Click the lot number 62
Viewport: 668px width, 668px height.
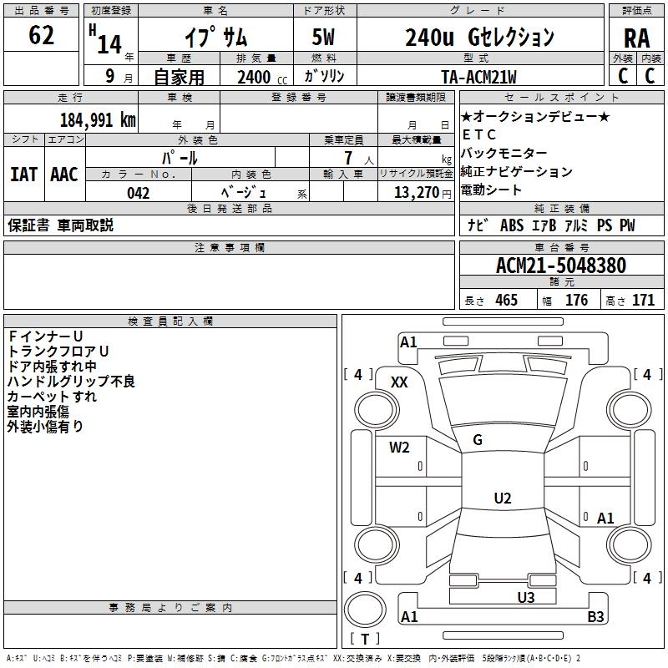[41, 36]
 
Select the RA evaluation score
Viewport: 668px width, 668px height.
[636, 38]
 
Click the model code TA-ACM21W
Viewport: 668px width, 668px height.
[478, 77]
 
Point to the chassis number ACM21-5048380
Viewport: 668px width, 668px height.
[560, 266]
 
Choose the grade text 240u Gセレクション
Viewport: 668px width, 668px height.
[479, 38]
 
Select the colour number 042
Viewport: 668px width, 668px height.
[139, 193]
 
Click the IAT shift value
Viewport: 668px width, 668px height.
[23, 174]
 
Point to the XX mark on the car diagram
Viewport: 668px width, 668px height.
[400, 382]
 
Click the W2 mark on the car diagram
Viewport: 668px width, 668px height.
[399, 448]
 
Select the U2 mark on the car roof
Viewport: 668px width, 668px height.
[503, 498]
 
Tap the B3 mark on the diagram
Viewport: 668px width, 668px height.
[595, 617]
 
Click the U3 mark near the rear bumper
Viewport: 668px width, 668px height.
[525, 597]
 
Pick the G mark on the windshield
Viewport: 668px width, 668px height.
[478, 440]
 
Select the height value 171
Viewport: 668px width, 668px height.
[643, 301]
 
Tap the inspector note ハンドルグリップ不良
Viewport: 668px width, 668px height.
[71, 382]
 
